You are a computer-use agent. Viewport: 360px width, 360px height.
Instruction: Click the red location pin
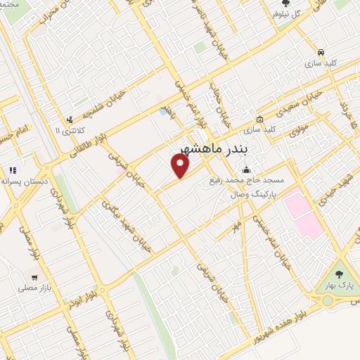pos(181,166)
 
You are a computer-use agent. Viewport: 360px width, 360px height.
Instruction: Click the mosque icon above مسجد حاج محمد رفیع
pos(246,169)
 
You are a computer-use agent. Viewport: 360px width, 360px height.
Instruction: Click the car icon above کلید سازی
pos(321,52)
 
